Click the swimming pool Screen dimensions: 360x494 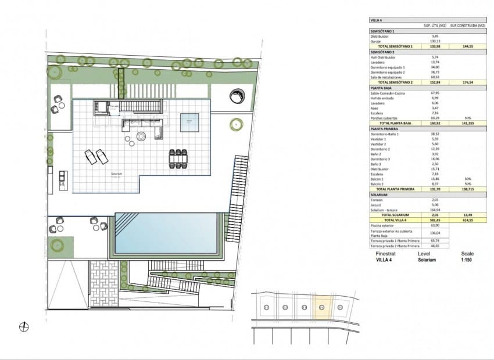point(167,233)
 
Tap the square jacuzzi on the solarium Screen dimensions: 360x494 point(190,122)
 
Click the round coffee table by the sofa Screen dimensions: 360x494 point(141,137)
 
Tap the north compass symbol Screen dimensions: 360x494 point(24,326)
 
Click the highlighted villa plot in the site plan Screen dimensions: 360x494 point(322,305)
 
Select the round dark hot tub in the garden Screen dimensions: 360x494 point(237,96)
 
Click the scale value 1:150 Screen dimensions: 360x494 point(467,260)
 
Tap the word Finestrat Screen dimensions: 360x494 point(386,254)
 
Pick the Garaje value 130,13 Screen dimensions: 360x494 point(435,41)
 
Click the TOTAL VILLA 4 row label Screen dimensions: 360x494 point(392,220)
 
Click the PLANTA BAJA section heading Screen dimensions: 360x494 point(382,88)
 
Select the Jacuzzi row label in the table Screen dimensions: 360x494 point(377,204)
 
